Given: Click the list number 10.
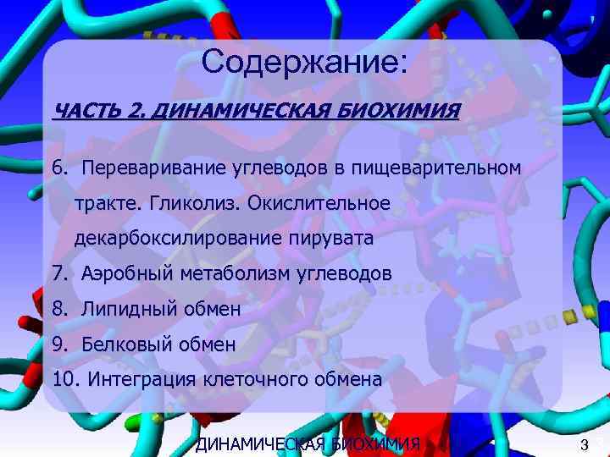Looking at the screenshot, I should point(64,380).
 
